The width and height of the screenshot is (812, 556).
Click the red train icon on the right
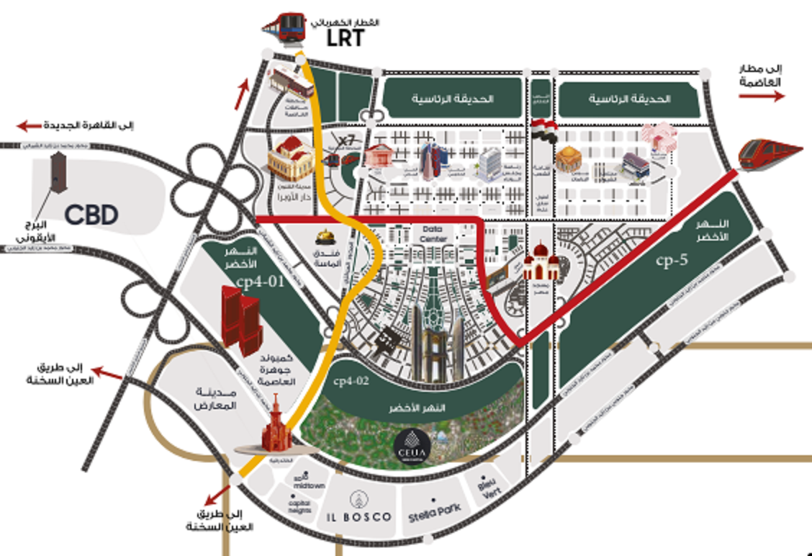[770, 153]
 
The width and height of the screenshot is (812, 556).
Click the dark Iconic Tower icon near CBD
[55, 173]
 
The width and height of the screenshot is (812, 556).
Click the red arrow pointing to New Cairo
[31, 126]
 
